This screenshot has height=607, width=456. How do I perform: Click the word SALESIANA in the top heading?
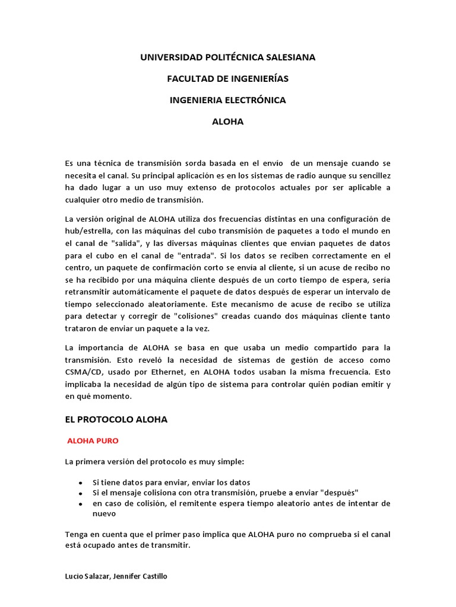pos(286,57)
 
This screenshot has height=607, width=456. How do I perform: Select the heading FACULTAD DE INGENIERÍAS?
pos(228,79)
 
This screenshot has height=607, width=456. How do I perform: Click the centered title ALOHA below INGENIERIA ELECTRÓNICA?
pos(228,122)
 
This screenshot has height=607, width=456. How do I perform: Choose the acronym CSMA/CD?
pos(84,372)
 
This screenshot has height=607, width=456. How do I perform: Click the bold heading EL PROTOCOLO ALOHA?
pos(116,419)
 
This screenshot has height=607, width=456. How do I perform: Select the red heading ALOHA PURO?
pos(93,440)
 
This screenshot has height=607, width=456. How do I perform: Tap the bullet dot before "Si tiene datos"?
pos(80,483)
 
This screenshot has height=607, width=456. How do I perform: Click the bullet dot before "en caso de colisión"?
pos(80,504)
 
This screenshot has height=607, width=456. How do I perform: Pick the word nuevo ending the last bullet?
pos(104,514)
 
